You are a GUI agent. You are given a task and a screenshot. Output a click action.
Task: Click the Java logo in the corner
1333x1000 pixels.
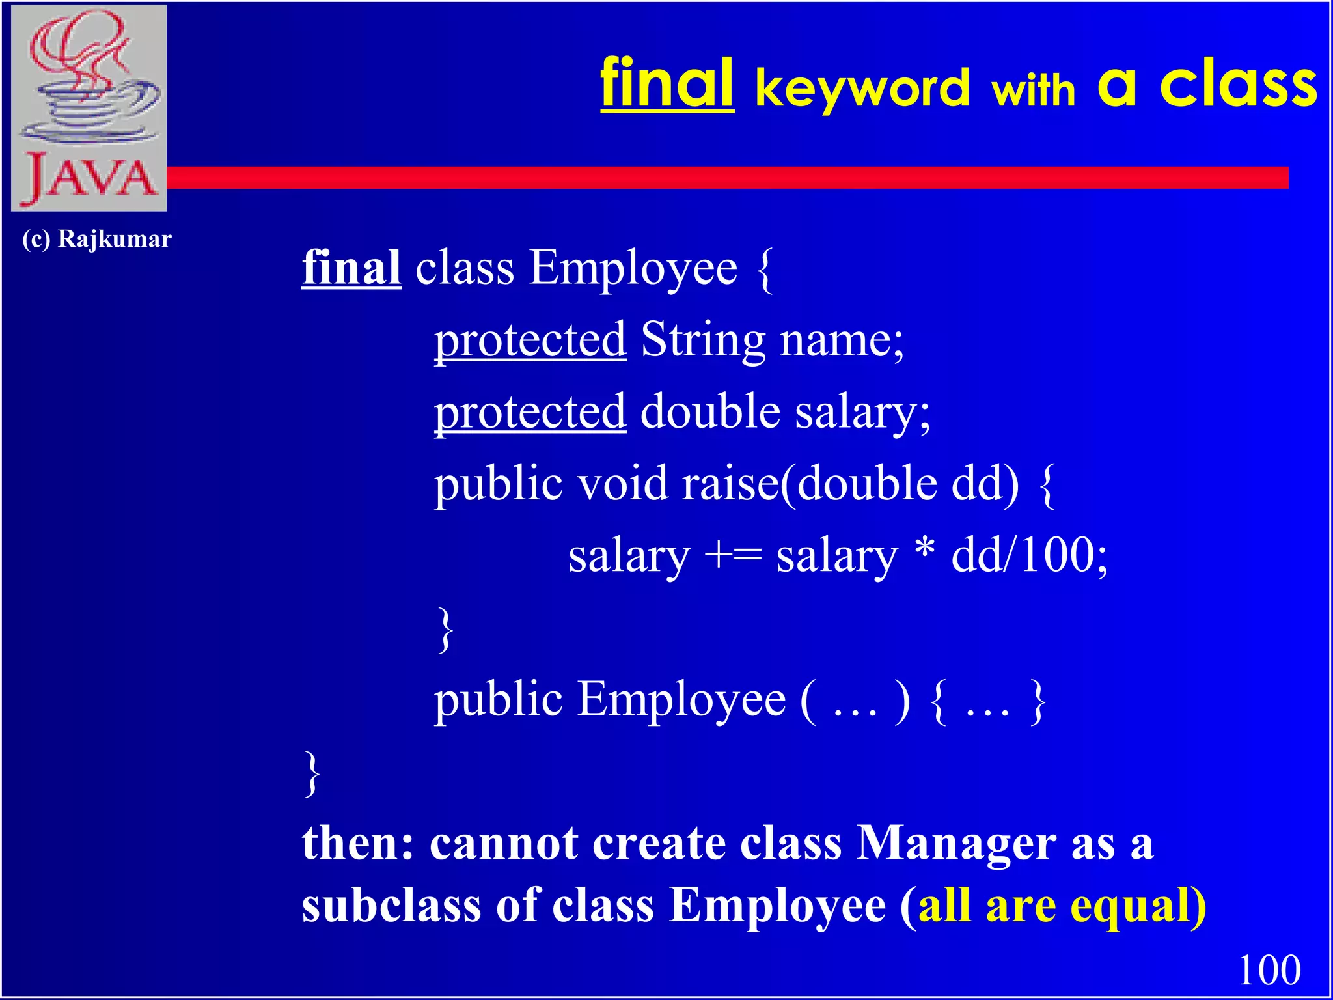pos(89,107)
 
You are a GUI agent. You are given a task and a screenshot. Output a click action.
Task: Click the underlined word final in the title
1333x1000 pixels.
pos(667,85)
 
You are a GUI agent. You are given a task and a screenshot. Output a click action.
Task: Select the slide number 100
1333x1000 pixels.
pos(1269,969)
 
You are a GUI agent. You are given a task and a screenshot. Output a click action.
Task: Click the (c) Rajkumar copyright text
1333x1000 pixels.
pos(96,239)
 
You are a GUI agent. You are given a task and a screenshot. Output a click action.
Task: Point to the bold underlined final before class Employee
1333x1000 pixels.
pos(351,268)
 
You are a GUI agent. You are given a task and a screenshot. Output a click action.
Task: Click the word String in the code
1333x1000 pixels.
pos(703,340)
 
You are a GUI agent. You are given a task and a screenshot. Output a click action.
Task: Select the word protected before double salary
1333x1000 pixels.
pos(530,411)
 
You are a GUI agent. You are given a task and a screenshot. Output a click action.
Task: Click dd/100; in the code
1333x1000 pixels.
pos(1029,555)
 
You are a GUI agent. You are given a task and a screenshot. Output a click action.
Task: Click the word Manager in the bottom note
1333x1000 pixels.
pos(956,843)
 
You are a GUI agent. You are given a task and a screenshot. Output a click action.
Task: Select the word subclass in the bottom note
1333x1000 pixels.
pos(390,906)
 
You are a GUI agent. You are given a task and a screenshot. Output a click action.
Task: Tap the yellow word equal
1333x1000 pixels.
pos(1131,907)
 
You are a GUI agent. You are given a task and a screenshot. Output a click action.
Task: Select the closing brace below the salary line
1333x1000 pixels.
pos(445,628)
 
